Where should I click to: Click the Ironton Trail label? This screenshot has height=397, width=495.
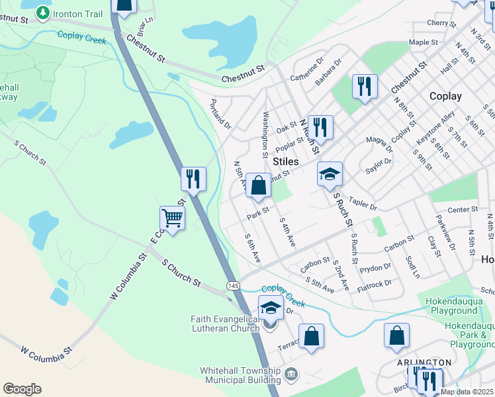point(78,13)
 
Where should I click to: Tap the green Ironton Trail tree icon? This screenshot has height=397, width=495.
point(43,13)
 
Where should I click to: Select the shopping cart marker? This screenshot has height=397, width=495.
point(172,217)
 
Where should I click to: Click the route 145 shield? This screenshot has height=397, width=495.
point(232,285)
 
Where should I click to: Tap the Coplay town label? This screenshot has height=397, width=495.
point(445,96)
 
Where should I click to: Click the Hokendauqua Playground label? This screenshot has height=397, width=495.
point(453,306)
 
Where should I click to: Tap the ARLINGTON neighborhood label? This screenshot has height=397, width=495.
point(424,363)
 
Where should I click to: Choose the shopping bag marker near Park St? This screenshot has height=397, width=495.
point(259,186)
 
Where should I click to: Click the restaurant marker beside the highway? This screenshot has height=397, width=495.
point(193,179)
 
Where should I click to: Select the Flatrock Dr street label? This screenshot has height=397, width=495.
point(375,285)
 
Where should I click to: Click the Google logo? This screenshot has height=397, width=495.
point(22,389)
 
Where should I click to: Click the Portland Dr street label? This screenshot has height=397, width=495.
point(220,114)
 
